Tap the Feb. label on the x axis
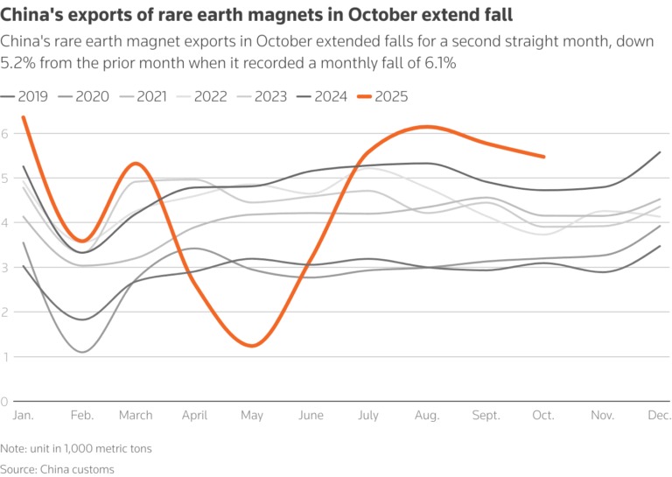(x=81, y=416)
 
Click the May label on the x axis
(x=253, y=416)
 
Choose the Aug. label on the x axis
(x=427, y=416)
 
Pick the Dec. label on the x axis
(x=658, y=416)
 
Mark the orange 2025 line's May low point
(x=252, y=346)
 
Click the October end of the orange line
(x=544, y=157)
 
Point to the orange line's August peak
(x=426, y=127)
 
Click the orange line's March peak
(x=136, y=163)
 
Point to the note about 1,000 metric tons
(x=76, y=449)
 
